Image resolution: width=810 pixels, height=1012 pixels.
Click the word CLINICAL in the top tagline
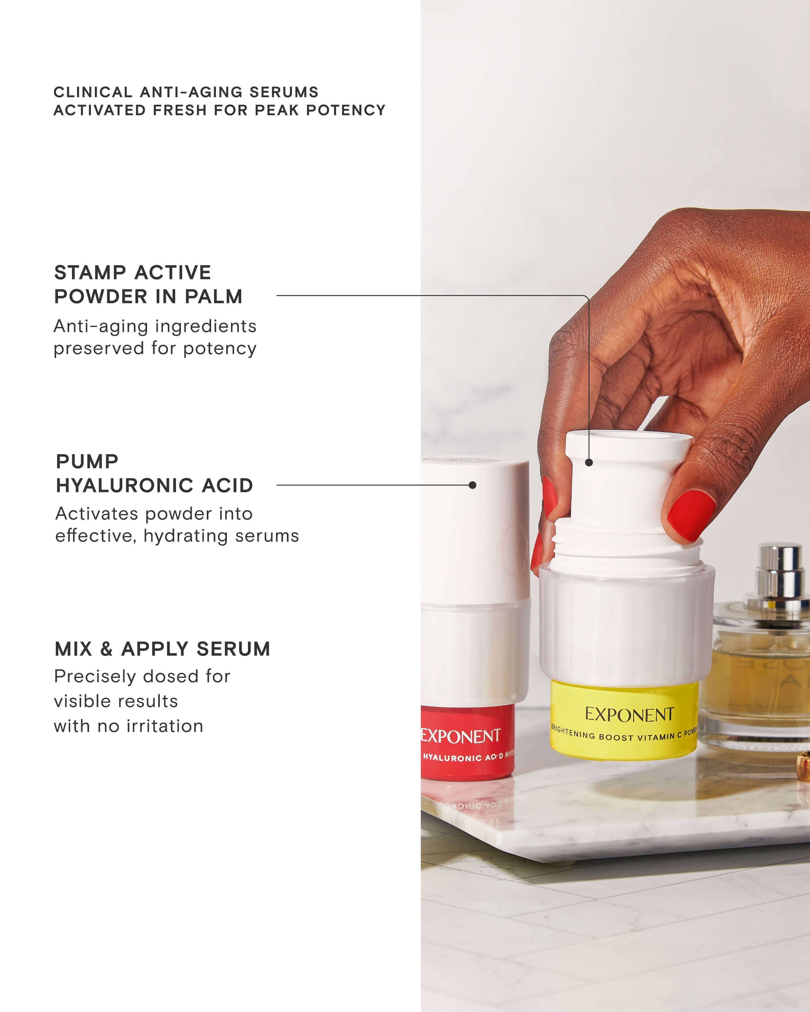[x=93, y=92]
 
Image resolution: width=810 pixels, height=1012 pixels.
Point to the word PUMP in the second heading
[x=87, y=461]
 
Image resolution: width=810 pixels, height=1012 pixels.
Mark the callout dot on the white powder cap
[x=589, y=463]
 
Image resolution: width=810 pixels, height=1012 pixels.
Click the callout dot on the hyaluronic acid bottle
[x=472, y=485]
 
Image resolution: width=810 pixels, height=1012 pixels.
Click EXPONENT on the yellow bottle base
[x=629, y=715]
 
